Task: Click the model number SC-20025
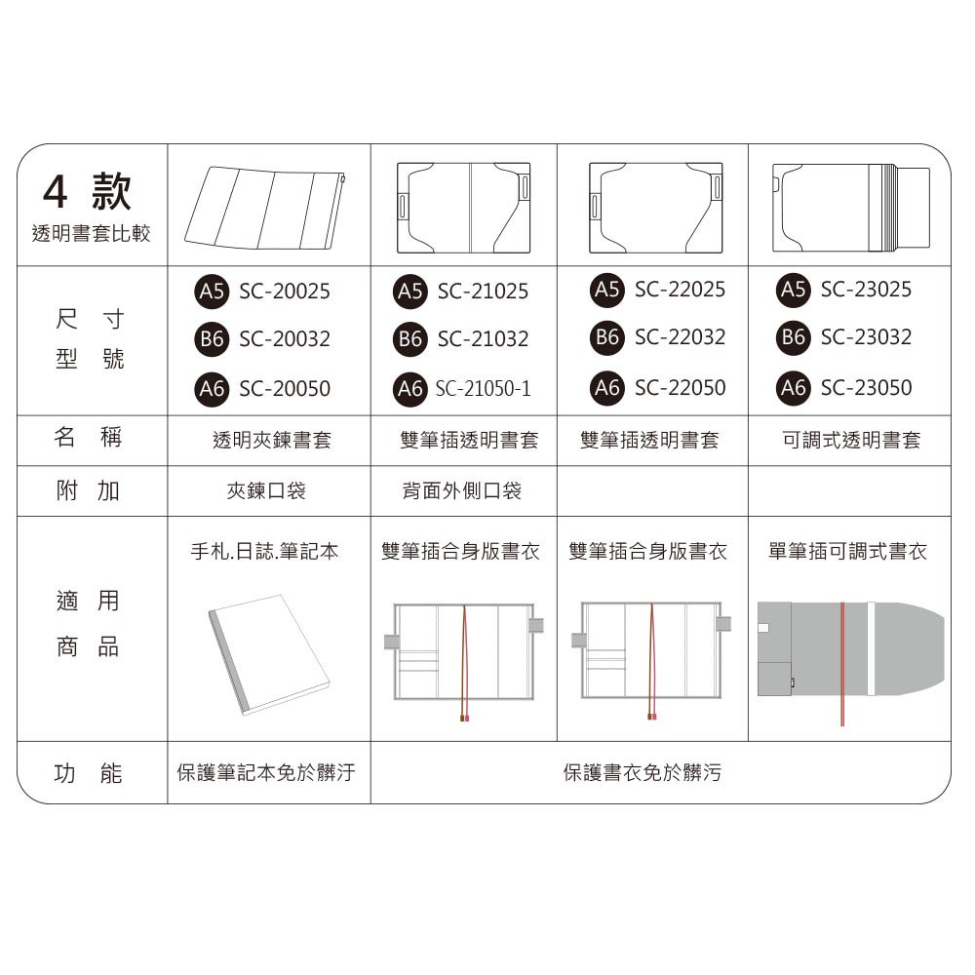click(x=284, y=291)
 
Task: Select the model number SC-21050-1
click(x=484, y=389)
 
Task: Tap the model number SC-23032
click(x=866, y=337)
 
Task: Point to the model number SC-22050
click(x=680, y=388)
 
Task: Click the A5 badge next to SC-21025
click(x=409, y=291)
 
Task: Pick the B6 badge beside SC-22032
click(x=606, y=337)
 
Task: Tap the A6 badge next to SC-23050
click(x=793, y=388)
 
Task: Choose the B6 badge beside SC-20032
click(x=212, y=339)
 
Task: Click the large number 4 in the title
click(x=56, y=191)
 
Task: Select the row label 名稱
click(x=88, y=437)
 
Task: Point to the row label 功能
click(x=88, y=773)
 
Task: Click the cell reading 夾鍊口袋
click(x=266, y=490)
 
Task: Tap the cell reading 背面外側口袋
click(x=461, y=490)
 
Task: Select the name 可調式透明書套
click(x=850, y=440)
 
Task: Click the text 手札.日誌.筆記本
click(x=264, y=551)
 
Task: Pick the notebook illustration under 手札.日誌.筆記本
click(x=268, y=655)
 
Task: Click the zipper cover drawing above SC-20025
click(x=264, y=208)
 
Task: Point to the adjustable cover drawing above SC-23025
click(x=850, y=208)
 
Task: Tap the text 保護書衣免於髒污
click(x=643, y=772)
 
